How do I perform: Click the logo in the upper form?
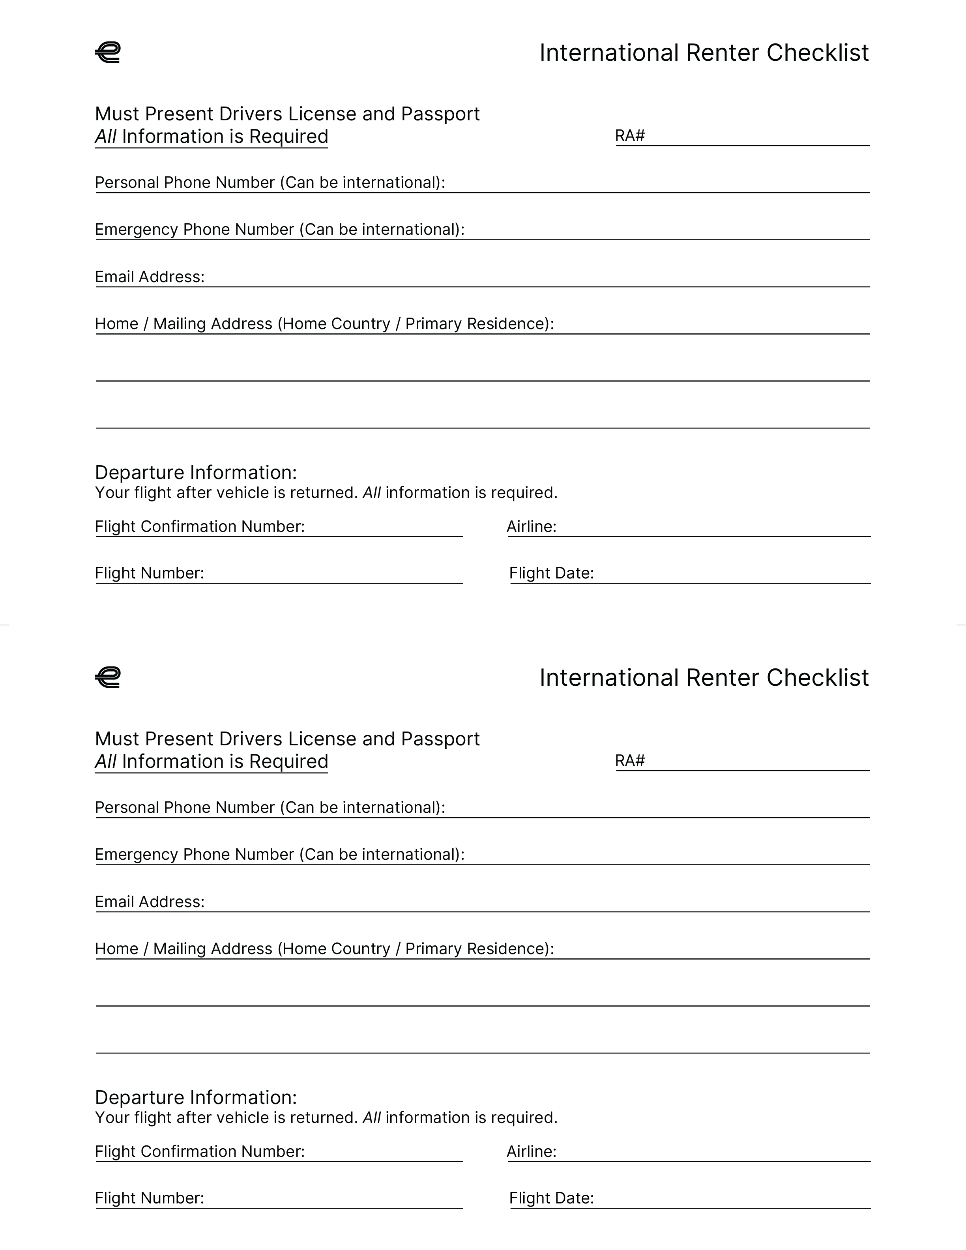[x=108, y=52]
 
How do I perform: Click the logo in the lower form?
[x=108, y=677]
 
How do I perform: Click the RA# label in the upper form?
[x=629, y=136]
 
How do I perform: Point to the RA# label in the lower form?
[x=629, y=761]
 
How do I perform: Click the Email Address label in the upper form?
[x=150, y=277]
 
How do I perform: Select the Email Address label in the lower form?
[x=150, y=902]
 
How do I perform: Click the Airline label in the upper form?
[x=531, y=527]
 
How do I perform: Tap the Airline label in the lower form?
[x=531, y=1152]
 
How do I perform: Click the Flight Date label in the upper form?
[x=551, y=573]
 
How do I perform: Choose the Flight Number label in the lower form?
[x=150, y=1198]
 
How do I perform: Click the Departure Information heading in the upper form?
[x=196, y=473]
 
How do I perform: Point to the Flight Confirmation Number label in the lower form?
[x=200, y=1152]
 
